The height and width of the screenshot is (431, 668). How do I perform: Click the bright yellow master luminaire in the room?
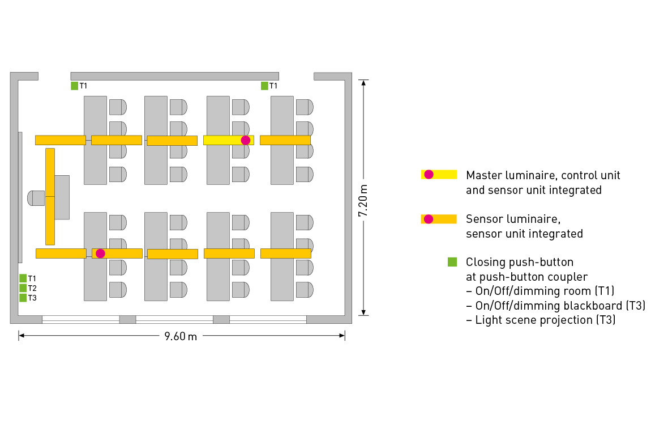[x=224, y=140]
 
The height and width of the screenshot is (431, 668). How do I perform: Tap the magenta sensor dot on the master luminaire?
[x=246, y=140]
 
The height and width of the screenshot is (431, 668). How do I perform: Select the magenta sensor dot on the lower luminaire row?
[x=100, y=253]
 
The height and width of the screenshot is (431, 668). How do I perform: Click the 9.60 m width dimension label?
[x=181, y=336]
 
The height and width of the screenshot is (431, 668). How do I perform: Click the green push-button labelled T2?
[x=23, y=288]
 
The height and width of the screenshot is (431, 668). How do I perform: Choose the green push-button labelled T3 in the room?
[x=23, y=298]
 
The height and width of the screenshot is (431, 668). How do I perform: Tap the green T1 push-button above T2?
[x=23, y=278]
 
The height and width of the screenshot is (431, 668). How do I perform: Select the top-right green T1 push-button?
[x=264, y=86]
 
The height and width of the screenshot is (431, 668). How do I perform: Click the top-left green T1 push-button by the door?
[x=74, y=86]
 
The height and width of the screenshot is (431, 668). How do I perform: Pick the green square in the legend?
[x=452, y=262]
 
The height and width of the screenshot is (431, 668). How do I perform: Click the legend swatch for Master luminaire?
[x=439, y=175]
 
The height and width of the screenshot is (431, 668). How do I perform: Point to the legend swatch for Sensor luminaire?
[x=439, y=219]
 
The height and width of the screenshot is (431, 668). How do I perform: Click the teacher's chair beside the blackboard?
[x=36, y=198]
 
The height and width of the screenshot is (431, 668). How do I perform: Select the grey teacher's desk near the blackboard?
[x=62, y=197]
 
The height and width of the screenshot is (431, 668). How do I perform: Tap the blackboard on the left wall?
[x=20, y=197]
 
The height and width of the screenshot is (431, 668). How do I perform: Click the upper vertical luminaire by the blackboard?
[x=50, y=172]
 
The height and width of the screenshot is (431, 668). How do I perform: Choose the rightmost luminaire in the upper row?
[x=285, y=140]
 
